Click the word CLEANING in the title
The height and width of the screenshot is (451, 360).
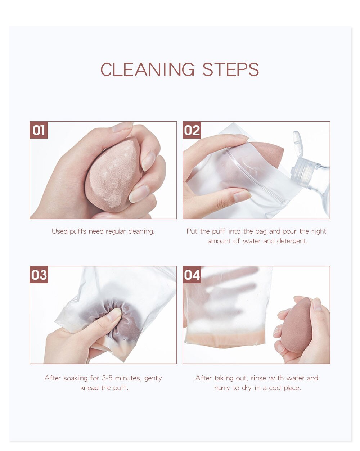(147, 69)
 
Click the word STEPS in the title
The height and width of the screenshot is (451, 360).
(230, 69)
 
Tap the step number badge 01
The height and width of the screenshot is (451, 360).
(39, 130)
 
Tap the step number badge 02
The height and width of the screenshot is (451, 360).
(192, 130)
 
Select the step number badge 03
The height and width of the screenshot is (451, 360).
(39, 275)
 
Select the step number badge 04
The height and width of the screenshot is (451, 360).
(192, 275)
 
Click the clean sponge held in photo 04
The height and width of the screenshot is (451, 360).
(297, 326)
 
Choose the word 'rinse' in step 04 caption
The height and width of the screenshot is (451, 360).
(258, 378)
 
